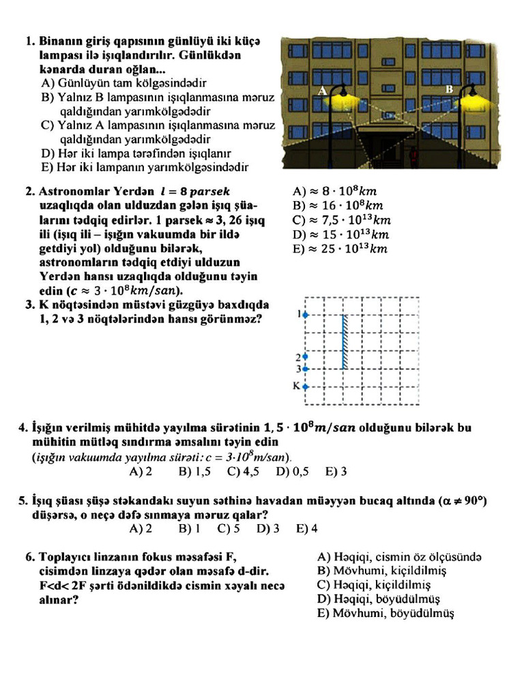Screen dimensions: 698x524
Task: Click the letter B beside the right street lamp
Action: coord(449,89)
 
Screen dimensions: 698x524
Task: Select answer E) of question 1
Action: coord(144,167)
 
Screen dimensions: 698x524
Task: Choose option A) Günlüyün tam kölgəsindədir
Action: coord(123,83)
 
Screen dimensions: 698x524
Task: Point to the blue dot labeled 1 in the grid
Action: coord(306,315)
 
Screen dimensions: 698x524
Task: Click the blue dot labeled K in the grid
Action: coord(306,386)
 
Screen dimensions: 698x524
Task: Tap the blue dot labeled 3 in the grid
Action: coord(306,369)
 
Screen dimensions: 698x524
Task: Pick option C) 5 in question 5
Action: coord(228,528)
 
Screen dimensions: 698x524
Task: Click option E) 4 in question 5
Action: coord(306,528)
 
